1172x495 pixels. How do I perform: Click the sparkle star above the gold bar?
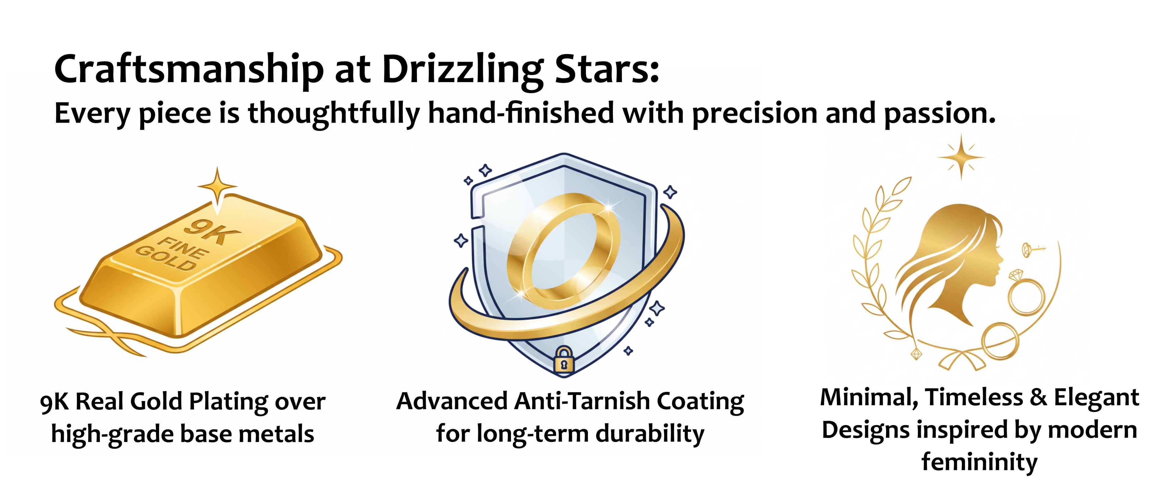coord(218,186)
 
